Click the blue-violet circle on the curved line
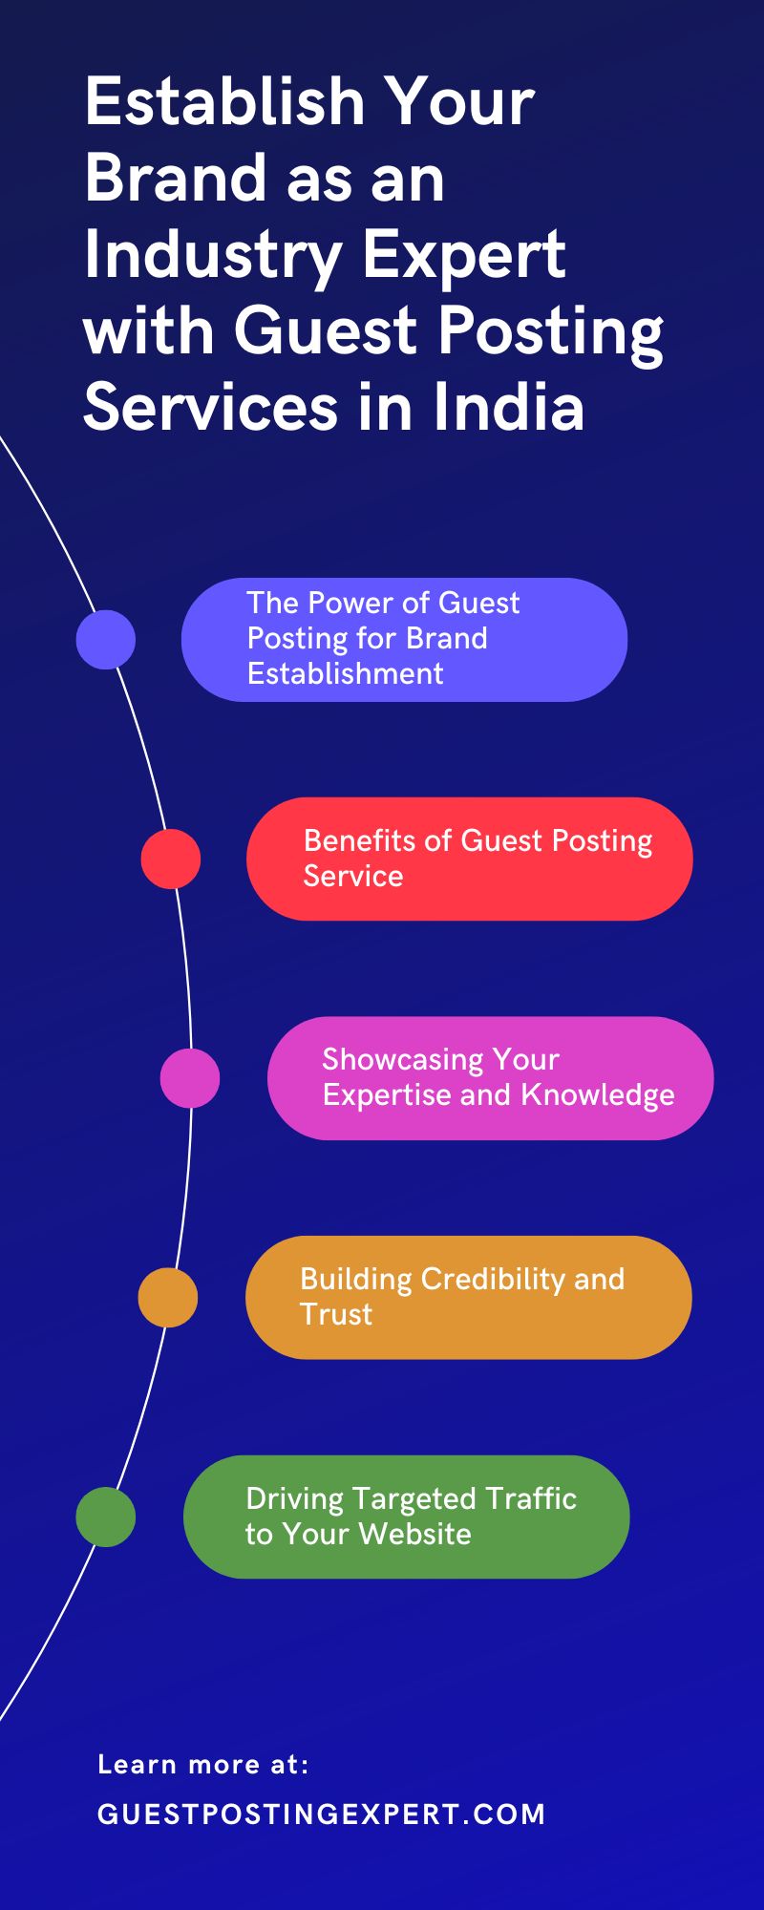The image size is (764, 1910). pos(105,639)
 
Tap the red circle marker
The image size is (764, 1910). pos(170,859)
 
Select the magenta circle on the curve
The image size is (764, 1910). pos(190,1077)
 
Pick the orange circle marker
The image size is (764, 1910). pos(168,1297)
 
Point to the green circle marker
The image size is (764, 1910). pos(105,1517)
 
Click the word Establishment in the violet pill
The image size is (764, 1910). pos(345,673)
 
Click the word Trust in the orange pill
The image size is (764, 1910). pos(335,1314)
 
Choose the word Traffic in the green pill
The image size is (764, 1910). pos(530,1498)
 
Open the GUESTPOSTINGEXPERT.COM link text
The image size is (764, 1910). pos(321,1814)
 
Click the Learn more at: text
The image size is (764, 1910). pos(203,1764)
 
